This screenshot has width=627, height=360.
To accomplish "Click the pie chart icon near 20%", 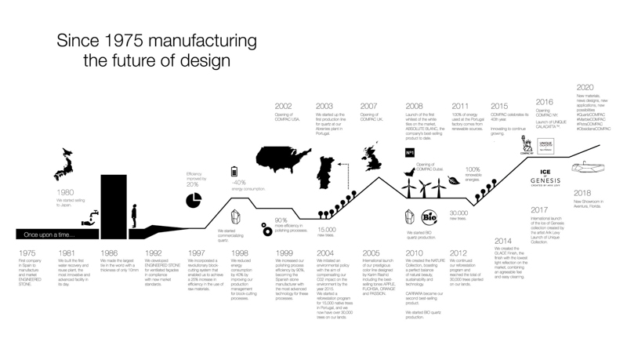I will coord(194,201).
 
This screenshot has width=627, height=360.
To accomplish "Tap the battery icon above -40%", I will coord(234,172).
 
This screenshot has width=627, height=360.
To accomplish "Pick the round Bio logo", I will coord(429,217).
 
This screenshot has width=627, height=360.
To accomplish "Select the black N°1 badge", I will coord(410,152).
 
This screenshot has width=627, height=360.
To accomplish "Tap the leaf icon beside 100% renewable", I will coord(455,180).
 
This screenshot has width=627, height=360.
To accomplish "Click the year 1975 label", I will coord(27,253).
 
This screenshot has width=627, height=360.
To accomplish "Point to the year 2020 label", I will coord(585,88).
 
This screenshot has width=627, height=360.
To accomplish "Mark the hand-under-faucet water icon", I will coord(92,222).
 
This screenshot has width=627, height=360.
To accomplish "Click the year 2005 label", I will coord(371,253).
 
